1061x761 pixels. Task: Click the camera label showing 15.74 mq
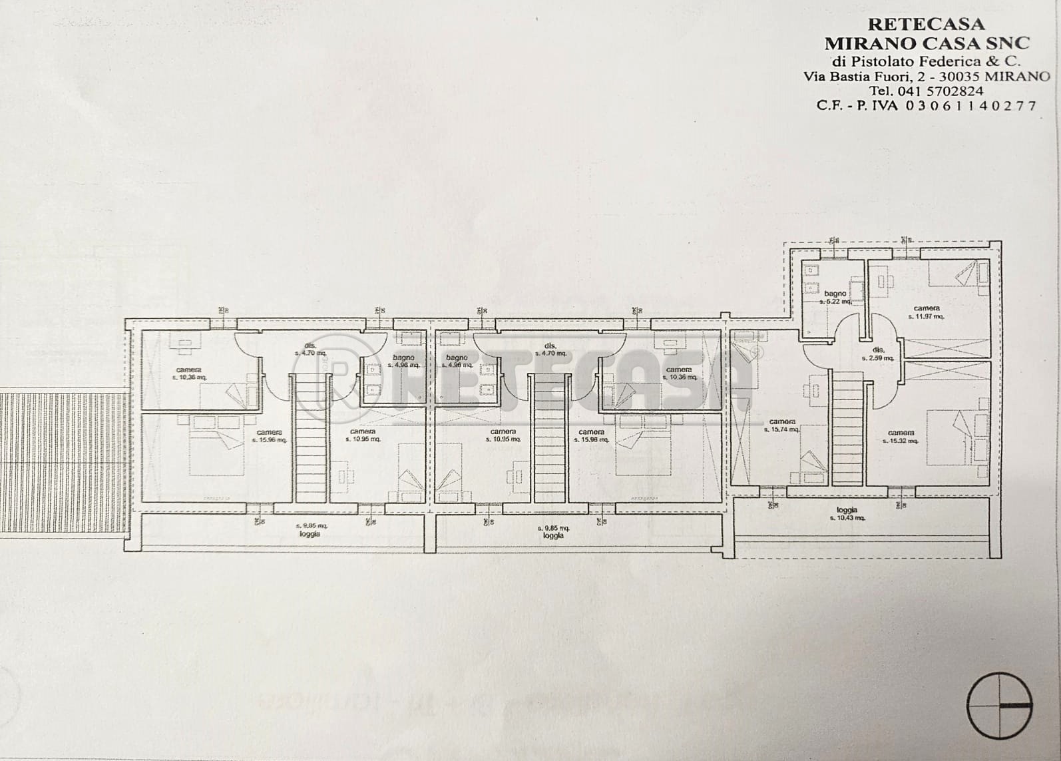pos(782,425)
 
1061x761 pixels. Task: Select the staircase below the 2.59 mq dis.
pos(847,427)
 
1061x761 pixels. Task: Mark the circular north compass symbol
pos(999,706)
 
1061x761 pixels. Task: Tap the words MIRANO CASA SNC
pos(927,43)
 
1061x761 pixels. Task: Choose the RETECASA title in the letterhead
pos(927,24)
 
